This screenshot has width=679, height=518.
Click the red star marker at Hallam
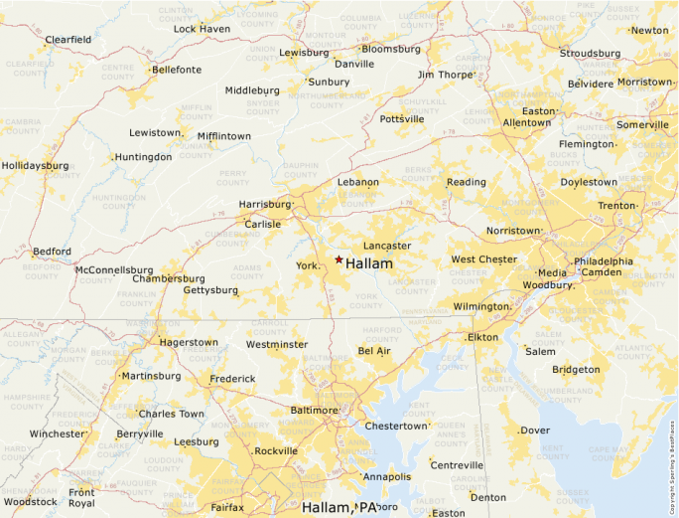coord(339,259)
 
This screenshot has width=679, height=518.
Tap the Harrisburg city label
coord(265,204)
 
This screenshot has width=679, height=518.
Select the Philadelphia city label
coord(603,261)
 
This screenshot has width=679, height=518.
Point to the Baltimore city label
coord(314,410)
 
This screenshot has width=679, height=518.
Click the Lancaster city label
coord(387,246)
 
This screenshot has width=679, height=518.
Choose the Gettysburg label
coord(210,290)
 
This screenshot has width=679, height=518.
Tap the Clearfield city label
coord(68,40)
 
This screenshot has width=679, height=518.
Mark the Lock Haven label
coord(202,29)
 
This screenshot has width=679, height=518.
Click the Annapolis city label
coord(387,477)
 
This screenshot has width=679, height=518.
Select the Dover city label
coord(535,431)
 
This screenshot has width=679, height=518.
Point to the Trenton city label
coord(615,206)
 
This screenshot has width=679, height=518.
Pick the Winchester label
coord(57,434)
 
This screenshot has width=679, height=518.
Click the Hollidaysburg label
coord(35,165)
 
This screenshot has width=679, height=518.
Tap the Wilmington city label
coord(479,306)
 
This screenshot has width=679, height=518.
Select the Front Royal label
coord(81,497)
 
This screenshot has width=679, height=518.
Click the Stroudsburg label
coord(590,54)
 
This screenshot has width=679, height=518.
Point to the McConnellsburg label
coord(114,269)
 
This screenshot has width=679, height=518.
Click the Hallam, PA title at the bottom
coord(340,508)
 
